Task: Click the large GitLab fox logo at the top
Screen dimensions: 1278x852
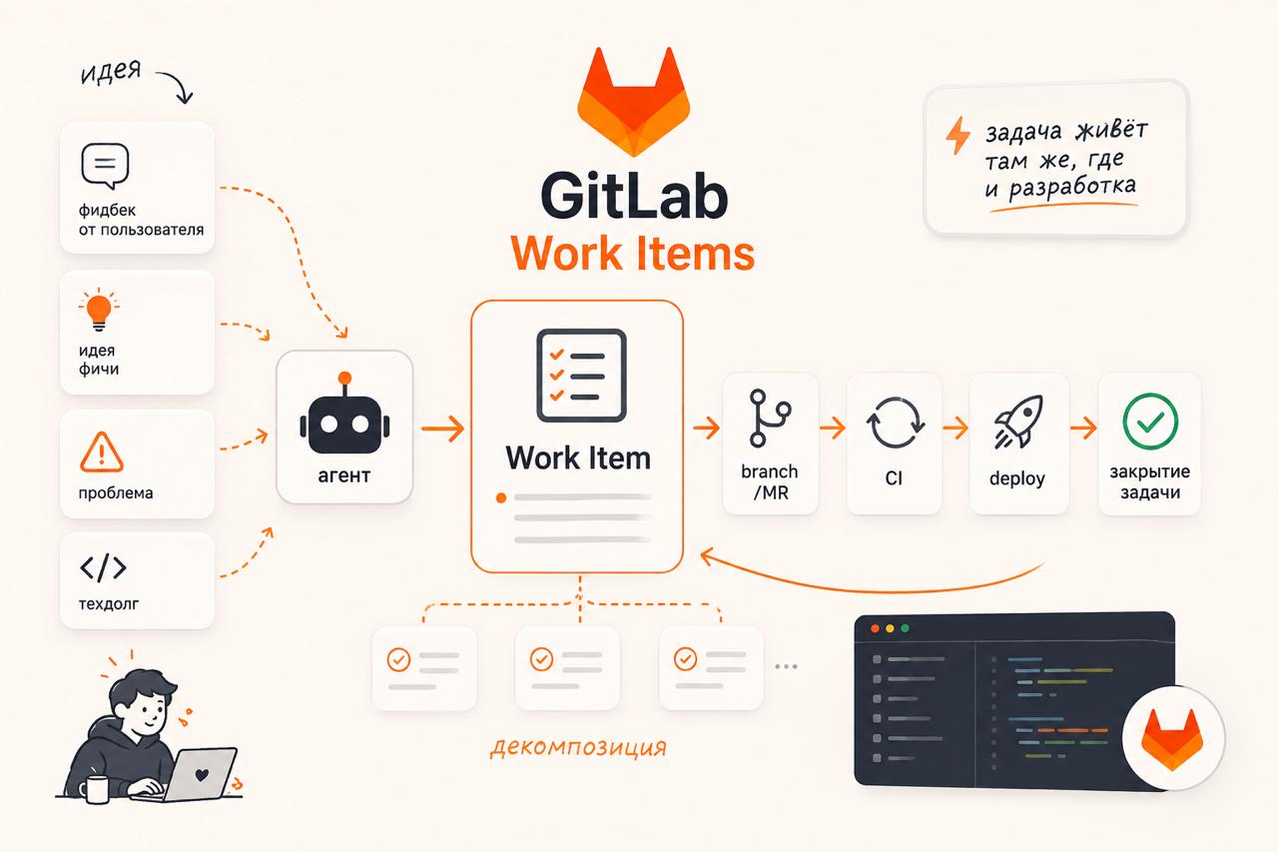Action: tap(633, 103)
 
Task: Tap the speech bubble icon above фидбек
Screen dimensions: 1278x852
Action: tap(105, 166)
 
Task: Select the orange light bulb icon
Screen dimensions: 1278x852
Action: tap(99, 310)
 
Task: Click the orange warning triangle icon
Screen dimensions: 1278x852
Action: tap(102, 452)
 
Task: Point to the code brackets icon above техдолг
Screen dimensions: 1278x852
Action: tap(103, 567)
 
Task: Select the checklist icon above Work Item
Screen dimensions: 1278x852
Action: tap(581, 375)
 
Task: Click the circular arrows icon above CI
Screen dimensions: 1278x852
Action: tap(896, 423)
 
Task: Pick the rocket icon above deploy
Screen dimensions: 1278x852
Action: tap(1019, 422)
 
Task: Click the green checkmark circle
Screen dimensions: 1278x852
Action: tap(1150, 422)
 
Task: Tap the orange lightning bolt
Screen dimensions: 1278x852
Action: tap(958, 135)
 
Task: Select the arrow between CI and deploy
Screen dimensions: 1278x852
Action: tap(956, 427)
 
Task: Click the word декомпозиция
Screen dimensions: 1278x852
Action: tap(578, 747)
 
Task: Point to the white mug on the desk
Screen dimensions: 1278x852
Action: tap(95, 789)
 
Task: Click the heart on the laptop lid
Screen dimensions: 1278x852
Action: tap(202, 774)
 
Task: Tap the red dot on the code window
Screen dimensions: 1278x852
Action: tap(875, 628)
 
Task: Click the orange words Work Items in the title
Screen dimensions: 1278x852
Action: tap(633, 254)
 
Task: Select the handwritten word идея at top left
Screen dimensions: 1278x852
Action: tap(111, 72)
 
